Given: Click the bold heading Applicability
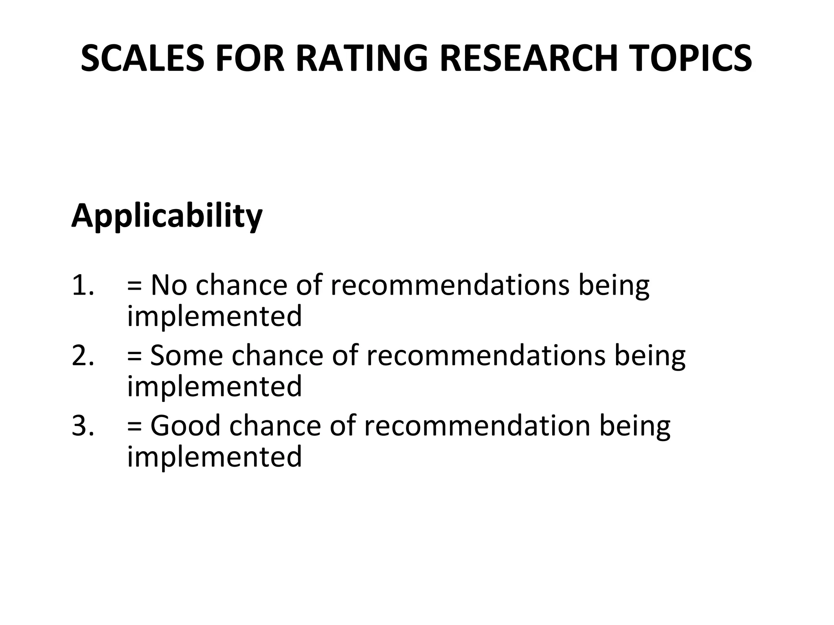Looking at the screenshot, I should click(167, 216).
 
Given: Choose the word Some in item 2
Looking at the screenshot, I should click(187, 355).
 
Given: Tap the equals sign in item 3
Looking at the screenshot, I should click(134, 426).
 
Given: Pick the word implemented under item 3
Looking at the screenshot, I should click(215, 457).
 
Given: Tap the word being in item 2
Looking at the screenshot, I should click(650, 356).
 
